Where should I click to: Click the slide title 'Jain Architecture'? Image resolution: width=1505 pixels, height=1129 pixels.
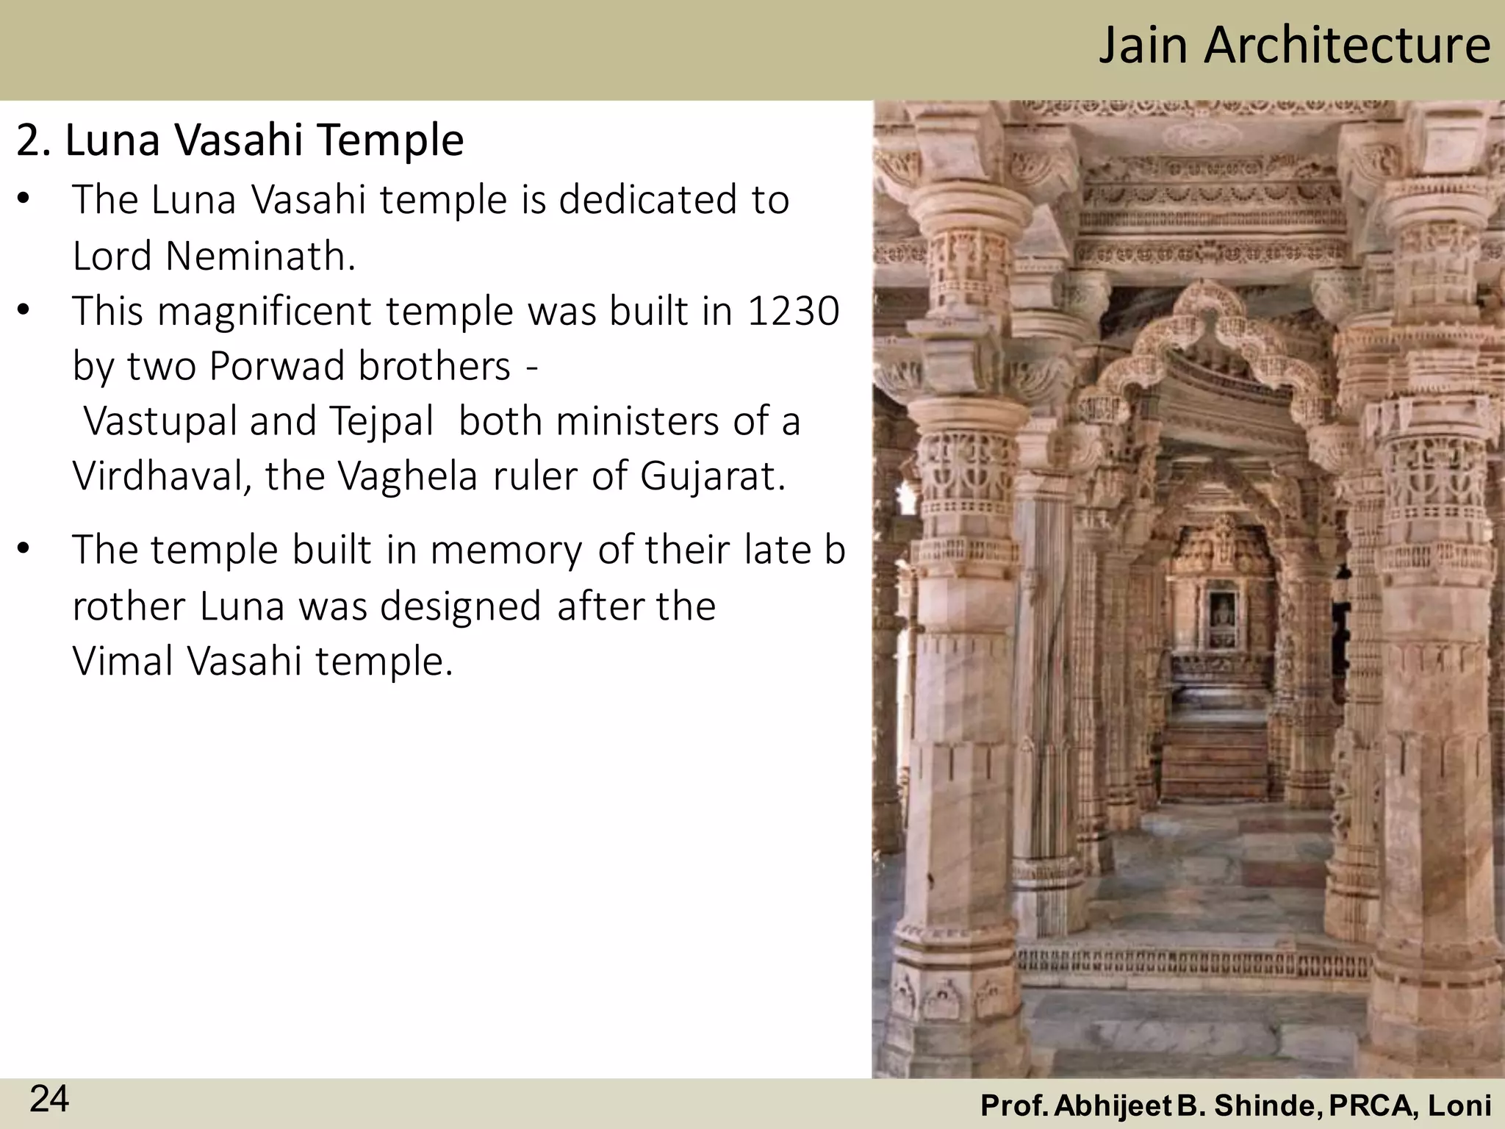coord(1294,46)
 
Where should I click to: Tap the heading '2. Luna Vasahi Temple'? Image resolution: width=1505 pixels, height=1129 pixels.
coord(240,140)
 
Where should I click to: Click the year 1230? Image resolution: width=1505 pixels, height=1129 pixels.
coord(793,311)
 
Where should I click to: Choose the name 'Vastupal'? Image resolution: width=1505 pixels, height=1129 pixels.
coord(161,421)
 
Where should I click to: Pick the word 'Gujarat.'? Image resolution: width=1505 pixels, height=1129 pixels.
coord(712,476)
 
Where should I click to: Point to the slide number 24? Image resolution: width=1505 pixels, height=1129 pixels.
coord(49,1100)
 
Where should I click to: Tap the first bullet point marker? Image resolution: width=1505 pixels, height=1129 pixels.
coord(24,200)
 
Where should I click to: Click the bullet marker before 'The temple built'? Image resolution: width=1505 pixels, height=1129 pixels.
coord(24,550)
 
